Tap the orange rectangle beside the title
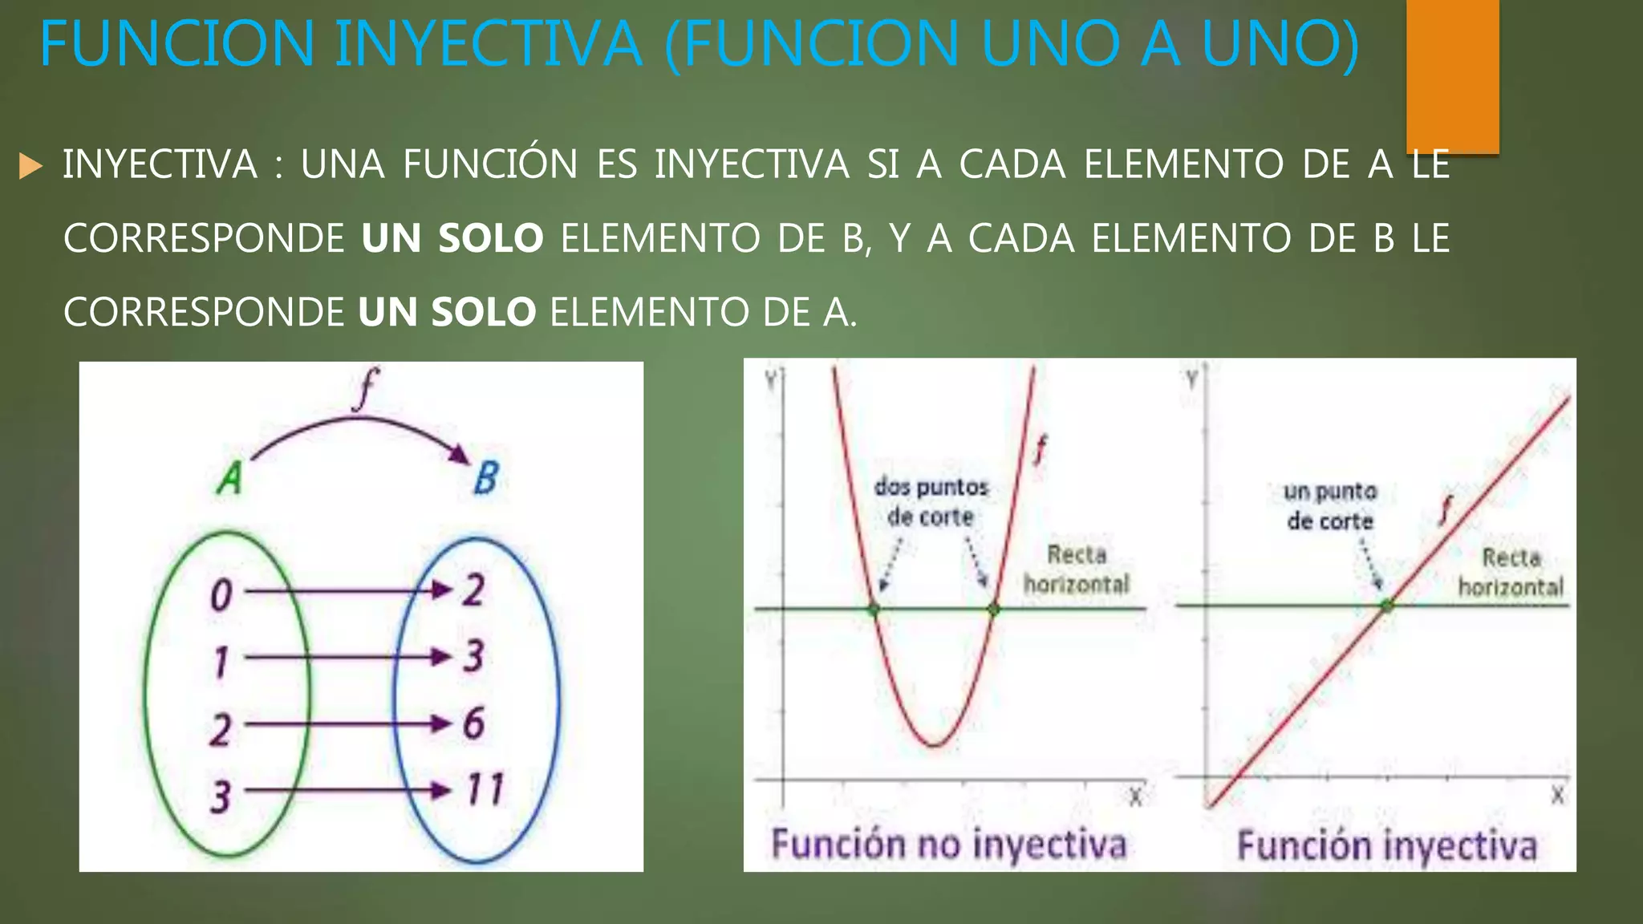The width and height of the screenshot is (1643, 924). (1452, 75)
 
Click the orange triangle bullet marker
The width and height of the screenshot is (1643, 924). (30, 166)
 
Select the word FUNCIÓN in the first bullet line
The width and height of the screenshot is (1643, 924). (490, 164)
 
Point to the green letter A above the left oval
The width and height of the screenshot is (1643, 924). (230, 479)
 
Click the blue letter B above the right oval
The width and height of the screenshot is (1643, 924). (485, 478)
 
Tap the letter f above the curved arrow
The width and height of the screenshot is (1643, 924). (366, 388)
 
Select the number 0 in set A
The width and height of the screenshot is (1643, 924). (221, 596)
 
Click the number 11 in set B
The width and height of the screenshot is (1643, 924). (485, 789)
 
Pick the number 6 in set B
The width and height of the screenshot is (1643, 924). (473, 723)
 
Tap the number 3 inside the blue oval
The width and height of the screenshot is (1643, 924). (473, 656)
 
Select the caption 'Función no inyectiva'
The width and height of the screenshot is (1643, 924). (949, 845)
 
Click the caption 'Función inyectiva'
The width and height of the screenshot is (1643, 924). (1387, 847)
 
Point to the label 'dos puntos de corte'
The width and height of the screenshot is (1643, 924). (931, 502)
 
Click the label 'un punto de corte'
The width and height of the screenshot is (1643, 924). (1330, 506)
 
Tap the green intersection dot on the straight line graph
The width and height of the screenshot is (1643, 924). (1386, 606)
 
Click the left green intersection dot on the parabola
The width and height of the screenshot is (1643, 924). (874, 610)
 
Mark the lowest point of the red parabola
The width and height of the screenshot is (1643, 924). (934, 745)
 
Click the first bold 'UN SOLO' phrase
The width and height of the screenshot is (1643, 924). (452, 239)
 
